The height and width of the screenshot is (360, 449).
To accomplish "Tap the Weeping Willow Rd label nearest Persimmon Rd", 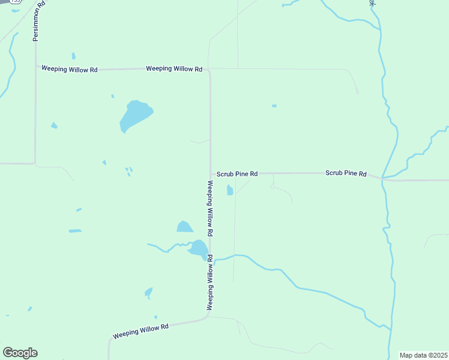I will (x=69, y=70).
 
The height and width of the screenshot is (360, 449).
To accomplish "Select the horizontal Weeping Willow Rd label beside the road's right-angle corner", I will (x=173, y=69).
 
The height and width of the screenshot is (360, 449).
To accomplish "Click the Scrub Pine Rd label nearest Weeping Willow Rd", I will (x=237, y=174).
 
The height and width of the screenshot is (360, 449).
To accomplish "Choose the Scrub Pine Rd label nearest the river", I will (x=346, y=173).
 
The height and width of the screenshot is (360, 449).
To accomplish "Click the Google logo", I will (x=20, y=353).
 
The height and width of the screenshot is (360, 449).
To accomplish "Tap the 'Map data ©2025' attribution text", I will (x=423, y=355).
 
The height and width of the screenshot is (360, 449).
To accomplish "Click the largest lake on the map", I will (x=134, y=115).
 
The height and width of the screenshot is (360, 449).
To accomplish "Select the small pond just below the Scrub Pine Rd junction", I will (x=229, y=191).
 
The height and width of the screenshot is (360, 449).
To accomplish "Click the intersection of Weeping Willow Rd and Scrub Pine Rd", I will (x=210, y=174).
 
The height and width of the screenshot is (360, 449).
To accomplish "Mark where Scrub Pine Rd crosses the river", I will (x=382, y=178).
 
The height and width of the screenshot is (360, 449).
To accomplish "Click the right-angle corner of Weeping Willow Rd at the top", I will (x=209, y=70).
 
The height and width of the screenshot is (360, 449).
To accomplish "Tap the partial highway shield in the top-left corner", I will (x=13, y=2).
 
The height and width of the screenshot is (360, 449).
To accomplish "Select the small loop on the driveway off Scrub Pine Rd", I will (x=273, y=187).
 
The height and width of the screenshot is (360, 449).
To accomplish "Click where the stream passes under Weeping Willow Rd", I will (x=211, y=259).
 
